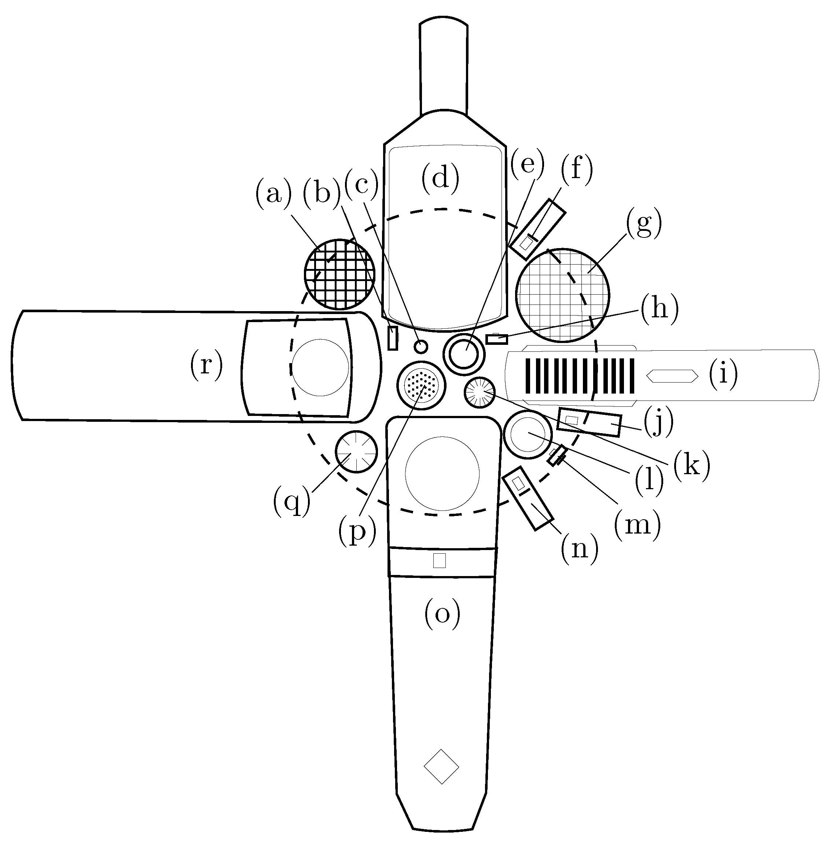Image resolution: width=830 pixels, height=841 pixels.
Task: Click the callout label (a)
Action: [273, 194]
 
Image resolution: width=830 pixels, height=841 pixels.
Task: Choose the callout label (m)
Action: [637, 524]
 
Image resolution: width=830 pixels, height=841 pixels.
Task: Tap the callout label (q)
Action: [292, 501]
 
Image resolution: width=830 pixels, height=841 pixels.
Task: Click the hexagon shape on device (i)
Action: [672, 376]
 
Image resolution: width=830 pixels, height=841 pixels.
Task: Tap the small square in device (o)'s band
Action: [440, 561]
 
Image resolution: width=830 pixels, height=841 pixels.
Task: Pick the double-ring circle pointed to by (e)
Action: [464, 354]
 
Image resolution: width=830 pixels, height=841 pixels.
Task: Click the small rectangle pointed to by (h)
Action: [497, 338]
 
